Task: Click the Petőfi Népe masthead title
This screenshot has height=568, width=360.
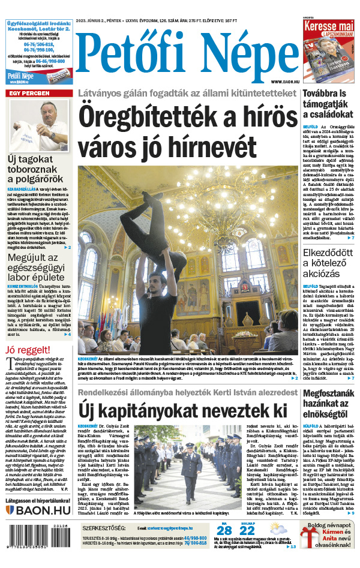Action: coord(187,56)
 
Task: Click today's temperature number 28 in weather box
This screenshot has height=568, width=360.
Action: coord(224,531)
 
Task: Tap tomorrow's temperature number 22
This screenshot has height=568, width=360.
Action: coord(247,531)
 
